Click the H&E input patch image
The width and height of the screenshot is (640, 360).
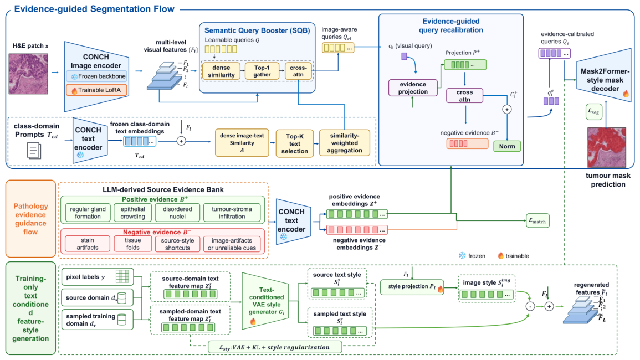tap(28, 74)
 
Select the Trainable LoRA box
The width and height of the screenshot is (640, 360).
tap(96, 90)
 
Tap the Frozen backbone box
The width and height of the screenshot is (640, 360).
tap(96, 76)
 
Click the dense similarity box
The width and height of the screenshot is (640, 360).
tap(221, 71)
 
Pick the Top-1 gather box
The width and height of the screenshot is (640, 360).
tap(262, 71)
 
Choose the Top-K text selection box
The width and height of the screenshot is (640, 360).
tap(295, 143)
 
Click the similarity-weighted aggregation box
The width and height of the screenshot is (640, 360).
tap(345, 143)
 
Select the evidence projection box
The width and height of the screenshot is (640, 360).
tap(413, 88)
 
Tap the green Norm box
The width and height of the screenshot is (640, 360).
tap(507, 146)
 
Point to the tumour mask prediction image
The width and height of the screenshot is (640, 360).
tap(607, 147)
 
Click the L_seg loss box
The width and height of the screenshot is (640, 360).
tap(593, 111)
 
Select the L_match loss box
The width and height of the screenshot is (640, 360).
tap(537, 221)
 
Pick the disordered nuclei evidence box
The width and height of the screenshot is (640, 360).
tap(177, 213)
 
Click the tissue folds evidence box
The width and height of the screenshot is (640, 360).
tap(132, 244)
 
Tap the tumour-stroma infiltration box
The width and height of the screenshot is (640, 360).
tap(232, 213)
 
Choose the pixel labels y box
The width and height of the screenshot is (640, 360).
tap(97, 277)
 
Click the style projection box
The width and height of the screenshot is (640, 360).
tap(412, 287)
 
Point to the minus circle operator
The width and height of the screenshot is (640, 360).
tap(530, 306)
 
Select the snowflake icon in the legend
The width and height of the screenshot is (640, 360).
tap(462, 255)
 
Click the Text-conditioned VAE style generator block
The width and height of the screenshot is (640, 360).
tap(266, 301)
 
